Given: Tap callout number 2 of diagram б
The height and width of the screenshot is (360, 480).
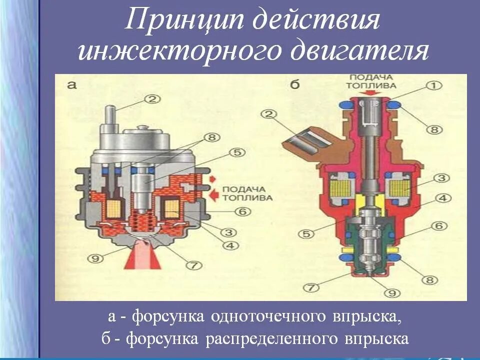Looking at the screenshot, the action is click(270, 115).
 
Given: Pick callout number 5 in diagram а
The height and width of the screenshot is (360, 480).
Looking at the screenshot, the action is click(235, 152).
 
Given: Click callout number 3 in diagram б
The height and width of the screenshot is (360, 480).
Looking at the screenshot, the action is click(440, 177).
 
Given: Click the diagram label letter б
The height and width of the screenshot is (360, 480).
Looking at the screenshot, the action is click(295, 85).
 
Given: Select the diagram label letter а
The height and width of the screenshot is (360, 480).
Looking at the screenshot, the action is click(71, 85).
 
